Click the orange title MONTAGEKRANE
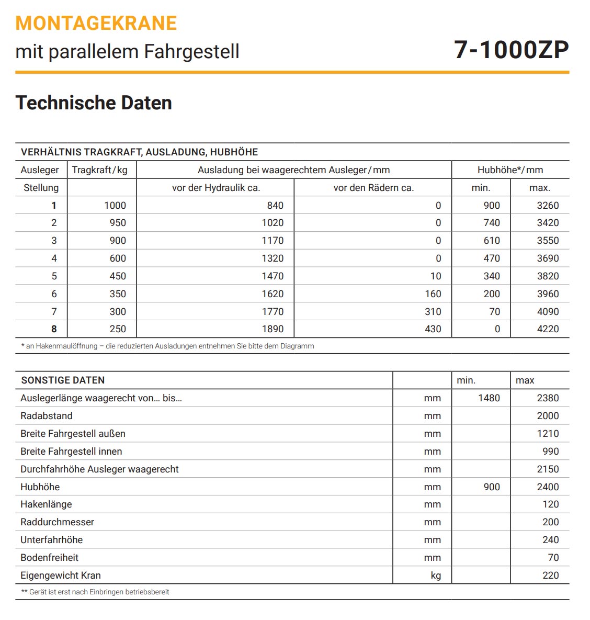96,24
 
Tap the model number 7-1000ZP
511,50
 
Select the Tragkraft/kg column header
100,170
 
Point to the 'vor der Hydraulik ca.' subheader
215,188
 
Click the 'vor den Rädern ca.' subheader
373,188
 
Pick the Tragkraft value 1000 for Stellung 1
115,206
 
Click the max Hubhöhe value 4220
548,329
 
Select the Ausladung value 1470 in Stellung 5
273,276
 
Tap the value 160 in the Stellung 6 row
433,294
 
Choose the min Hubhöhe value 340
491,276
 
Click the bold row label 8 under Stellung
54,329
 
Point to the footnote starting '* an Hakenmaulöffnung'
167,346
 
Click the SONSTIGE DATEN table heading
63,380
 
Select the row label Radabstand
47,416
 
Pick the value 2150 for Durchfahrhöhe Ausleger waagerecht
548,469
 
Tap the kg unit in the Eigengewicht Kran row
436,576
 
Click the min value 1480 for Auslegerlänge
489,398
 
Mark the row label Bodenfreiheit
50,558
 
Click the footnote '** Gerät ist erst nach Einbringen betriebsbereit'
95,592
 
